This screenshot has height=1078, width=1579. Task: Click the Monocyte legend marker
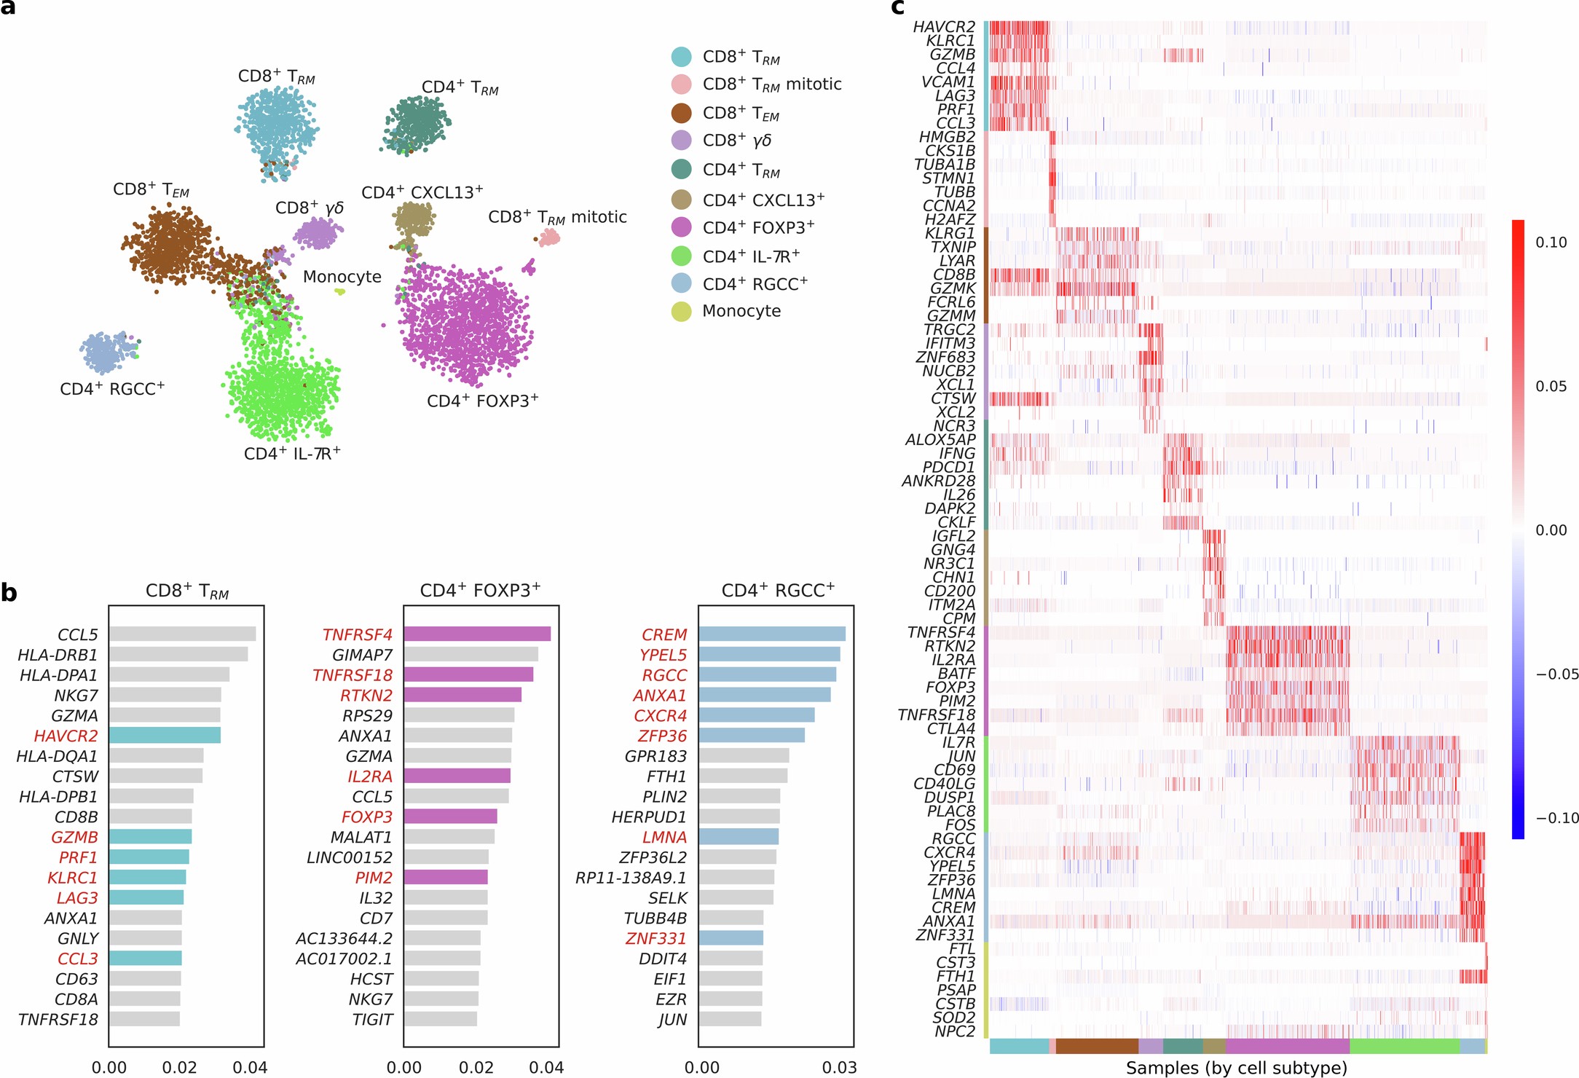coord(681,312)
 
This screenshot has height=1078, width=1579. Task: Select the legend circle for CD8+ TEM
coord(681,113)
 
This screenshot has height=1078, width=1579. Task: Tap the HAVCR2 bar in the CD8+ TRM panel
coord(165,736)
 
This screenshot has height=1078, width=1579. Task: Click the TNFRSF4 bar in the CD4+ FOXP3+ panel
coord(477,634)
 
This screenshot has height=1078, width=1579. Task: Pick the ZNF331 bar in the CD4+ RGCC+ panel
coord(731,938)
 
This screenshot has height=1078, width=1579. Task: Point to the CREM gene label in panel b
coord(664,634)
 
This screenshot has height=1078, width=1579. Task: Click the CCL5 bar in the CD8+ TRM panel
coord(182,634)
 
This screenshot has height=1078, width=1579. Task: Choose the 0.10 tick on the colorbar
coord(1551,243)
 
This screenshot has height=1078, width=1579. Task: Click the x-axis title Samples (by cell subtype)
coord(1236,1068)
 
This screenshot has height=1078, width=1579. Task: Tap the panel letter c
coord(897,7)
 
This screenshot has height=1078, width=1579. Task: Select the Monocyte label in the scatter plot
coord(342,277)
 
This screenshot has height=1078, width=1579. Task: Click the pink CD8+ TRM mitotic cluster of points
coord(548,237)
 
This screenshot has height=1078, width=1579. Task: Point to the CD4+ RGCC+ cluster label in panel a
coord(112,389)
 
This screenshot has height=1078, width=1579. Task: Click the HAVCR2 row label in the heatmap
coord(944,27)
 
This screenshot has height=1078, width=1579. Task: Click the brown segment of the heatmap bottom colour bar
coord(1096,1047)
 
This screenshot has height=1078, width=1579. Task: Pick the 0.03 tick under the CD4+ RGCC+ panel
coord(839,1068)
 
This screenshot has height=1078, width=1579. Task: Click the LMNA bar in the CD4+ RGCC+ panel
coord(739,837)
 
